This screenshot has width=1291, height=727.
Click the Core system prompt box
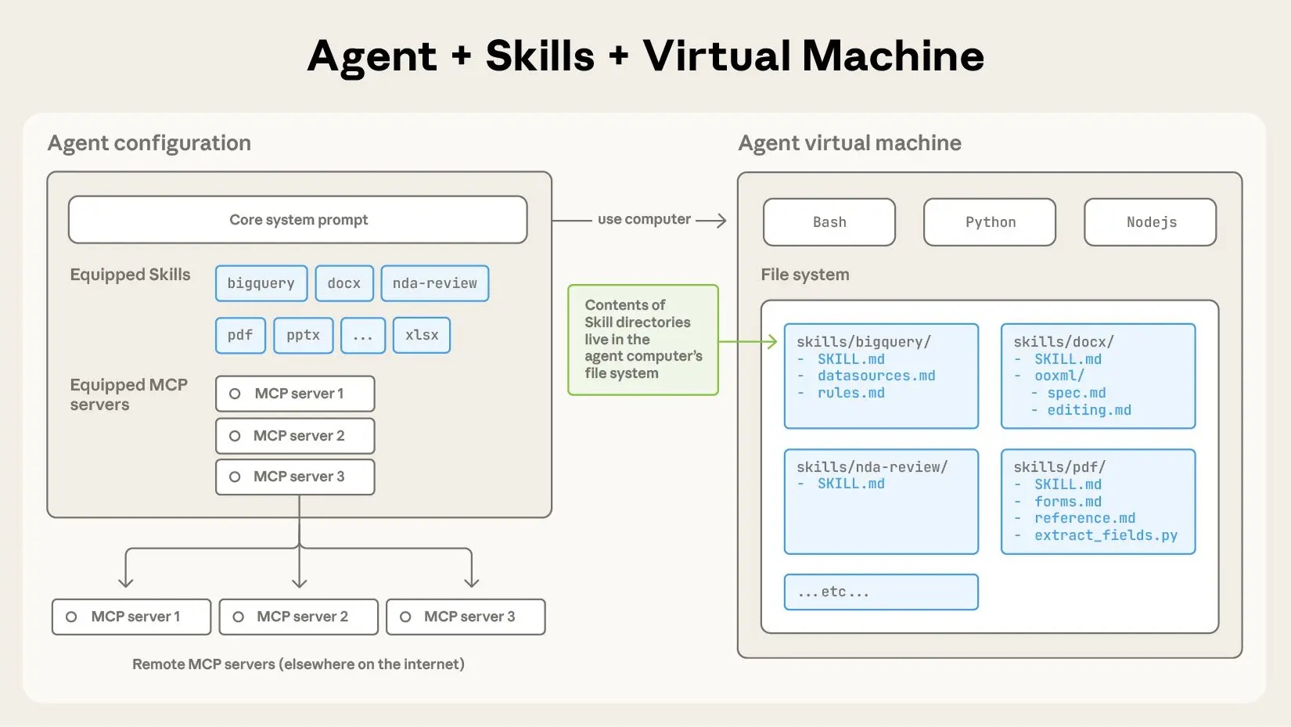click(297, 220)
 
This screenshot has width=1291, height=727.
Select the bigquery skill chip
click(261, 283)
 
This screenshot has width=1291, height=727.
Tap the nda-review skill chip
click(435, 283)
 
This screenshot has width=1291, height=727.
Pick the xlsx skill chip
click(422, 335)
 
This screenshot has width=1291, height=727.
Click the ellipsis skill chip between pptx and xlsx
click(363, 336)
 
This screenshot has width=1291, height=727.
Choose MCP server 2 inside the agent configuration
click(295, 436)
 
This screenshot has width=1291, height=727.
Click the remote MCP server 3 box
click(466, 617)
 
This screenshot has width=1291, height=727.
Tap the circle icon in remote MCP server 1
click(71, 617)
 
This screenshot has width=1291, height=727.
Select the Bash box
click(829, 222)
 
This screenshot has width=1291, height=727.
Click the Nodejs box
click(1150, 222)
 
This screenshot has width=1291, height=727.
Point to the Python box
click(990, 222)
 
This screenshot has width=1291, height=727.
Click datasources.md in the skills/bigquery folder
click(876, 376)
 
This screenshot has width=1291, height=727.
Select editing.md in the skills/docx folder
click(1089, 410)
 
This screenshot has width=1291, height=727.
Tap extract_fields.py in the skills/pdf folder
click(1106, 535)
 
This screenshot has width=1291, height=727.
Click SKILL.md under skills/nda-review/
click(851, 484)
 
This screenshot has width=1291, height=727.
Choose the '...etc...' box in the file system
click(881, 592)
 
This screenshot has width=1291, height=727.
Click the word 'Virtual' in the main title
click(717, 56)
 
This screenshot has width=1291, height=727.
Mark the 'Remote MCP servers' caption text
click(298, 664)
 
